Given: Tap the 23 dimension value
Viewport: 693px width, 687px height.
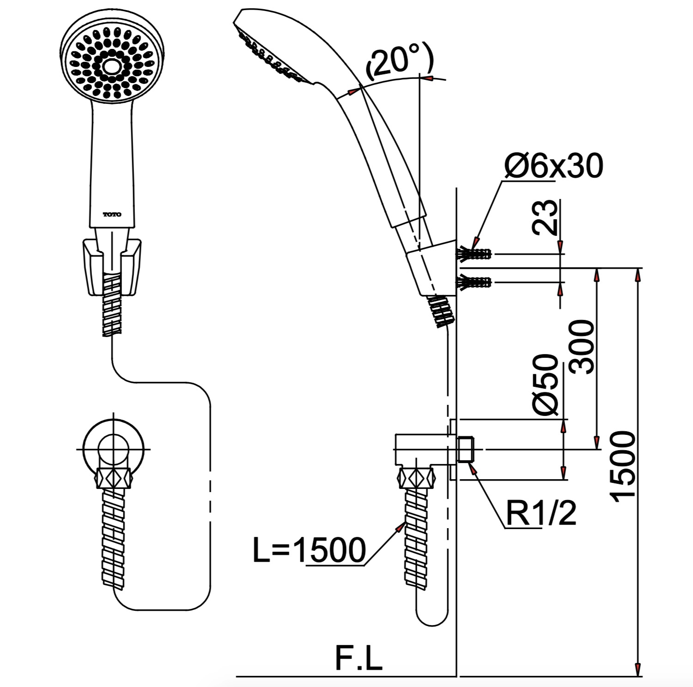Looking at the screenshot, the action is tap(545, 217).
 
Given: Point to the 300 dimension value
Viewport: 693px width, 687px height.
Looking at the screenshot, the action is tap(581, 347).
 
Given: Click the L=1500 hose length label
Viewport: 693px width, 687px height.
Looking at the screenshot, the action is tap(309, 550).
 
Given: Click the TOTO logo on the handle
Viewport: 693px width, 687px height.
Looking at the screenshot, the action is tap(112, 215).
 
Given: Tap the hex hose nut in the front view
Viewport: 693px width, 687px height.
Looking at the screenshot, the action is tap(113, 477).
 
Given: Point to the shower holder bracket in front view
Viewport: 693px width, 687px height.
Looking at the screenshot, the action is tap(112, 266).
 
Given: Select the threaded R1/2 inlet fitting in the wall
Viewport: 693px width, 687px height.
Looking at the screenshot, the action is tap(466, 449).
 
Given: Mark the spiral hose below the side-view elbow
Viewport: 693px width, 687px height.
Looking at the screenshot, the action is tap(418, 538).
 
